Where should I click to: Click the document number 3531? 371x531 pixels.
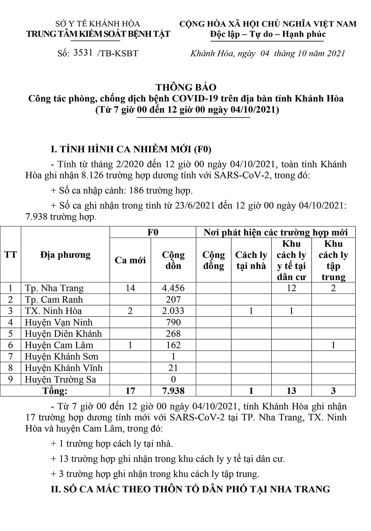[x=83, y=53]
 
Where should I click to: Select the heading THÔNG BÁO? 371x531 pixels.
[x=186, y=87]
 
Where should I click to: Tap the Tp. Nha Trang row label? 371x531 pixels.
[x=54, y=288]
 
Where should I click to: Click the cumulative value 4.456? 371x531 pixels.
[x=173, y=288]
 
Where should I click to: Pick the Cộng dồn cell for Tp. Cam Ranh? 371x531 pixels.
[x=173, y=300]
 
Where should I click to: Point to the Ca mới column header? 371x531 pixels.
[x=130, y=260]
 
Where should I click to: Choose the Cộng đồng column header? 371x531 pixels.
[x=214, y=260]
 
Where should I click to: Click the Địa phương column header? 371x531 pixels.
[x=65, y=255]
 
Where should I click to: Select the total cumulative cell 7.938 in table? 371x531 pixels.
[x=173, y=391]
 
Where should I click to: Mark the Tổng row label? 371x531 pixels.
[x=55, y=391]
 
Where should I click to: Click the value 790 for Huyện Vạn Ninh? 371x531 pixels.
[x=173, y=322]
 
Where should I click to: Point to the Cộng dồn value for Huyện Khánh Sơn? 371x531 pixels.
[x=173, y=356]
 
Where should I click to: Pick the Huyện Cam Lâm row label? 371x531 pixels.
[x=59, y=345]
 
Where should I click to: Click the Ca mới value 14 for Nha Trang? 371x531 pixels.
[x=130, y=288]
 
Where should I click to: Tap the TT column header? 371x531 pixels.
[x=11, y=255]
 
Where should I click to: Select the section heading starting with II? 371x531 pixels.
[x=190, y=489]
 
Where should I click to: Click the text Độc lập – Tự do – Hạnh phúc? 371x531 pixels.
[x=268, y=34]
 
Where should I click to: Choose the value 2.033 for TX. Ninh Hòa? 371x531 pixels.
[x=173, y=311]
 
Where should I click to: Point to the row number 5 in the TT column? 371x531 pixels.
[x=11, y=334]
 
